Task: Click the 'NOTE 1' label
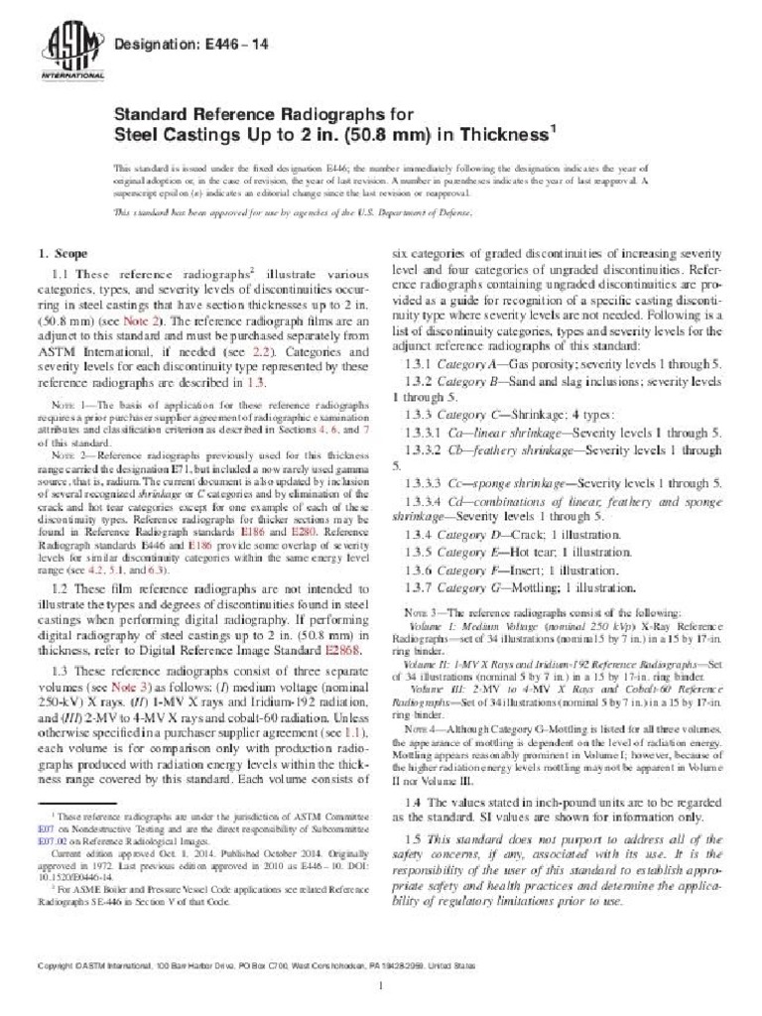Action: pyautogui.click(x=67, y=408)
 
